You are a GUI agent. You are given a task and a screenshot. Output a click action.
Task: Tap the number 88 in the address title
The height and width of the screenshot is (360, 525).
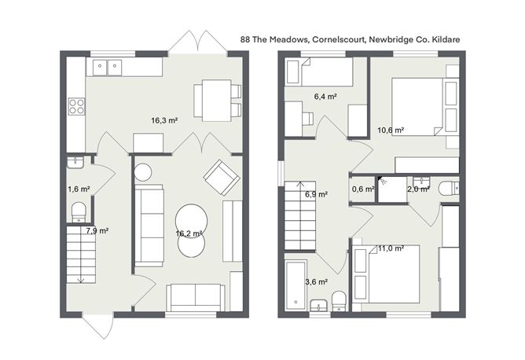pos(247,38)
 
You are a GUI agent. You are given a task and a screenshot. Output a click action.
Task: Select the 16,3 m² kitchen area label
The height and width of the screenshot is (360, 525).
pos(164,120)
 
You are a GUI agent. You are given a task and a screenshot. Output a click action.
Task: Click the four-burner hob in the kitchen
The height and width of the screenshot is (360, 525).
pos(76,106)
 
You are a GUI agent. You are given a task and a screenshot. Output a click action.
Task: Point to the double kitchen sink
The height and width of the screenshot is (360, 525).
pos(108,68)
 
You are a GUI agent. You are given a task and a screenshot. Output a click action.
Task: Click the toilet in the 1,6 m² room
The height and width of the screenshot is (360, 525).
pos(79,211)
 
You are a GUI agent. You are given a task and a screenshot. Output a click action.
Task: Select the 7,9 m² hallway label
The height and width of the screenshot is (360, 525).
pos(97,230)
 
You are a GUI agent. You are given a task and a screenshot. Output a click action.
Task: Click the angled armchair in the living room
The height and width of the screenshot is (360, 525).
pos(221,177)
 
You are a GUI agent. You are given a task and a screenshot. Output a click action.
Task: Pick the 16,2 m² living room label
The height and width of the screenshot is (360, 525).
pos(189,233)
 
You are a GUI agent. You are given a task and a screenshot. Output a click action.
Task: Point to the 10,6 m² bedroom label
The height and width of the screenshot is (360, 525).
pos(390,130)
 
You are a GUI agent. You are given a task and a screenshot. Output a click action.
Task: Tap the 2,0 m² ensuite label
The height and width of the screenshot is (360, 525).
pos(417,189)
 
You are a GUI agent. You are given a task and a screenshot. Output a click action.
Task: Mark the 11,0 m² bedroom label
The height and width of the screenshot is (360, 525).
pos(391,248)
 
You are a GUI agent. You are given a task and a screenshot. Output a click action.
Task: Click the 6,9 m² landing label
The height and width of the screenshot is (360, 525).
pos(316,193)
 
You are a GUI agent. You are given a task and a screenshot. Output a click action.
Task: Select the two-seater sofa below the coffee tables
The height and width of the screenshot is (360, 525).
pos(195,296)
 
